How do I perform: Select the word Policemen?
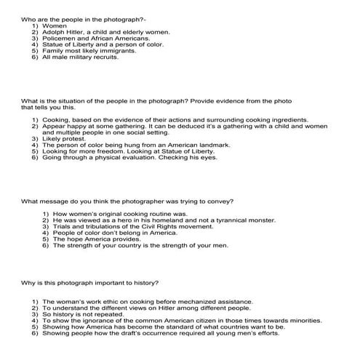57,39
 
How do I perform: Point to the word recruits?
103,58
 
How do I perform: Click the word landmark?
215,145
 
